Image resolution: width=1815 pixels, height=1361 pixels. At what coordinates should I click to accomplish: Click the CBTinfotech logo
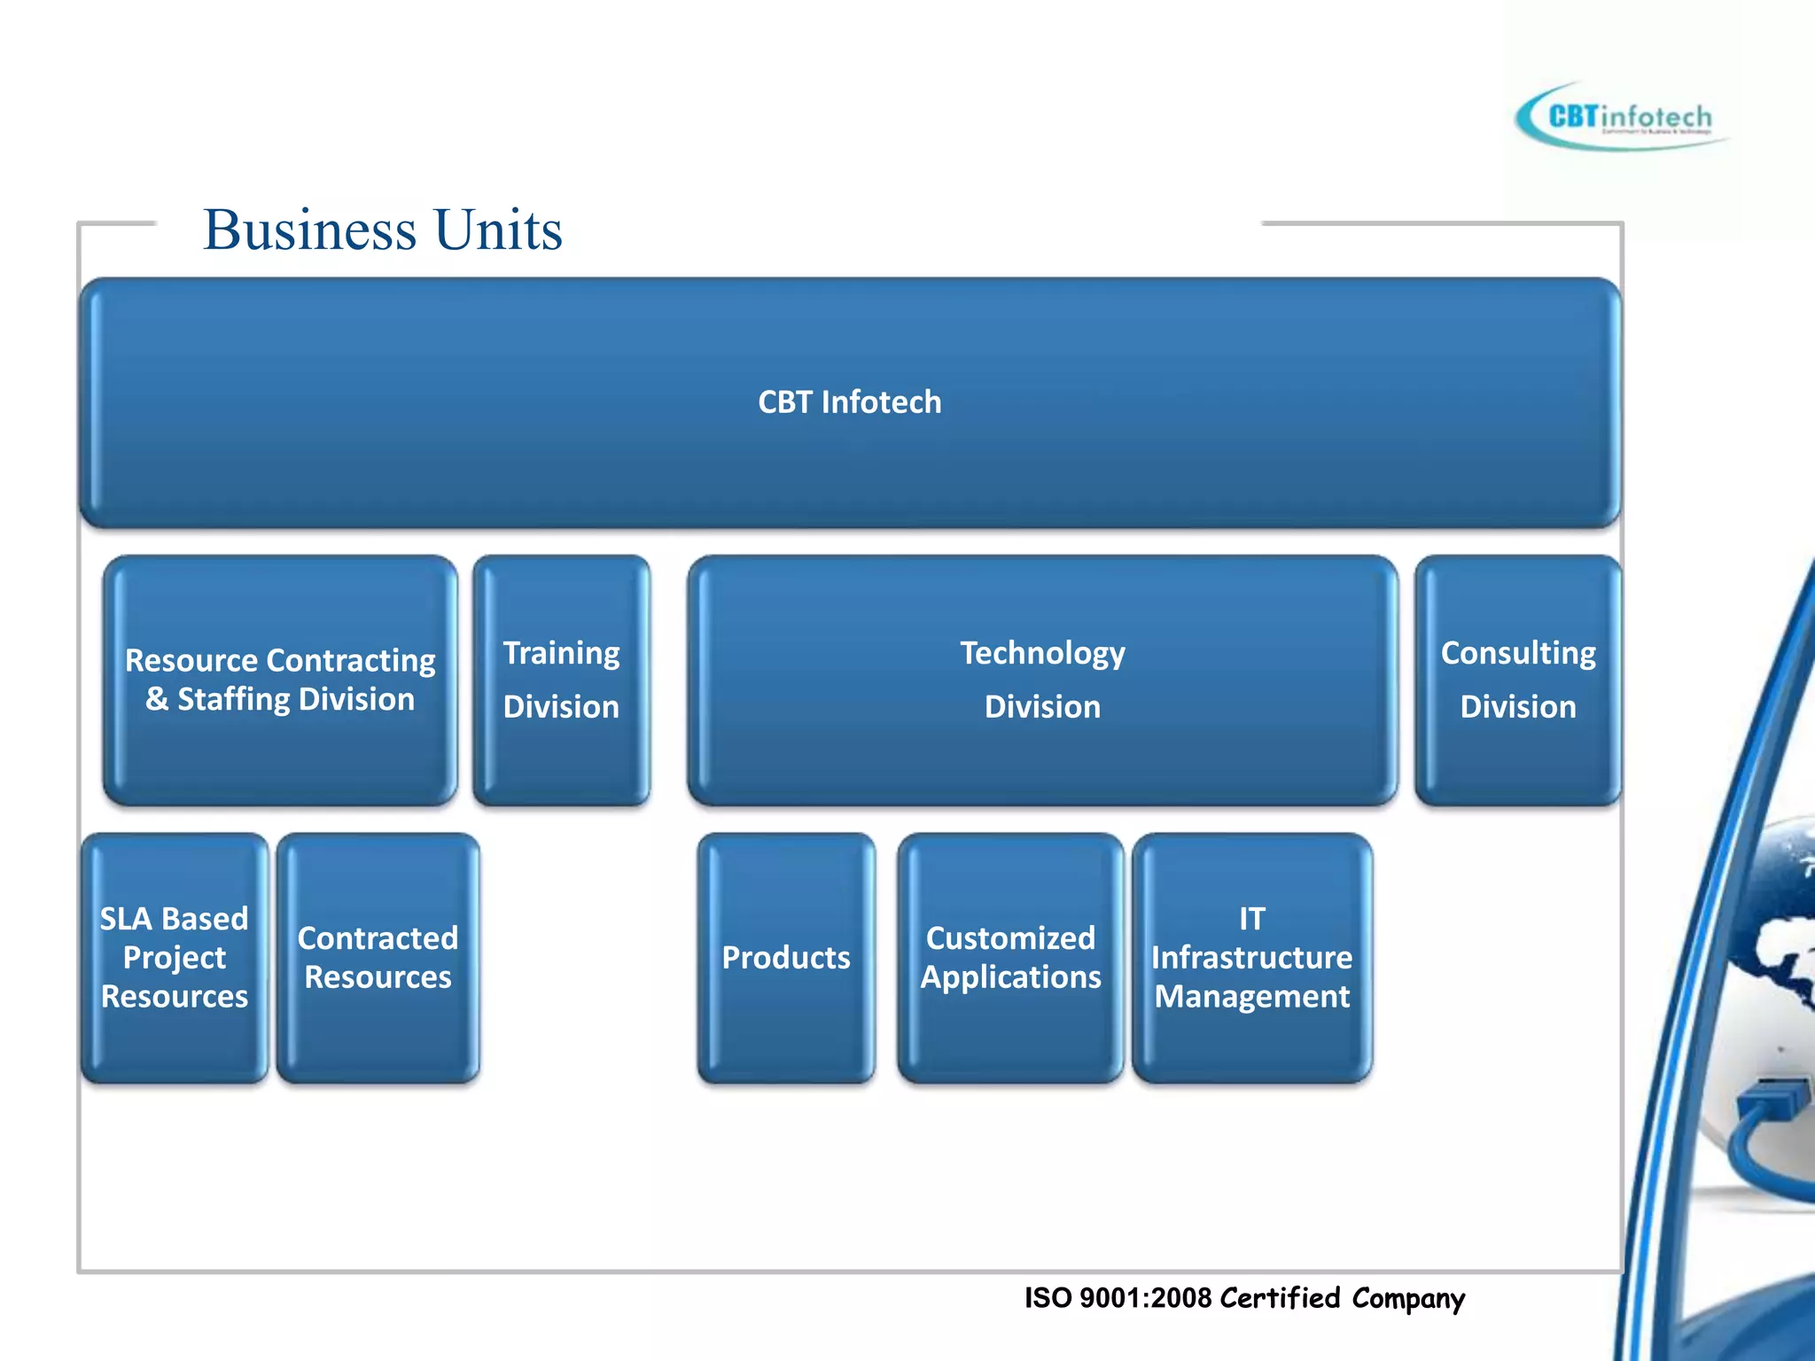click(x=1622, y=117)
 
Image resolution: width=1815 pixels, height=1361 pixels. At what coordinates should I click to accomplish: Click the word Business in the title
click(x=309, y=229)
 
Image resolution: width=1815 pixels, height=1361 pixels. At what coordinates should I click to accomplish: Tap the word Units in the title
click(x=498, y=229)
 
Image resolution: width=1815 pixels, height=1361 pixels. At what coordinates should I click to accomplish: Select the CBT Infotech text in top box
click(x=849, y=402)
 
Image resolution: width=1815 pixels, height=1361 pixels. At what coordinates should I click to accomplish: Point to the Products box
click(x=786, y=958)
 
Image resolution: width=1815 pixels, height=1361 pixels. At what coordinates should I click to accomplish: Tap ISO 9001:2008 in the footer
click(x=1118, y=1298)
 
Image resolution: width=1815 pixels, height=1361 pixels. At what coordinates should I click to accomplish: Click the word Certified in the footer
click(x=1280, y=1298)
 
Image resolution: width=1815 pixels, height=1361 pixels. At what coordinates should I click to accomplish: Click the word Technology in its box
click(x=1042, y=653)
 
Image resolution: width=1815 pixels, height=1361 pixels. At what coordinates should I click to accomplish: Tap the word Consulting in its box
click(x=1517, y=653)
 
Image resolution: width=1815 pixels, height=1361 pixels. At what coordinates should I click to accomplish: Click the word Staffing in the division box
click(x=233, y=699)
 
